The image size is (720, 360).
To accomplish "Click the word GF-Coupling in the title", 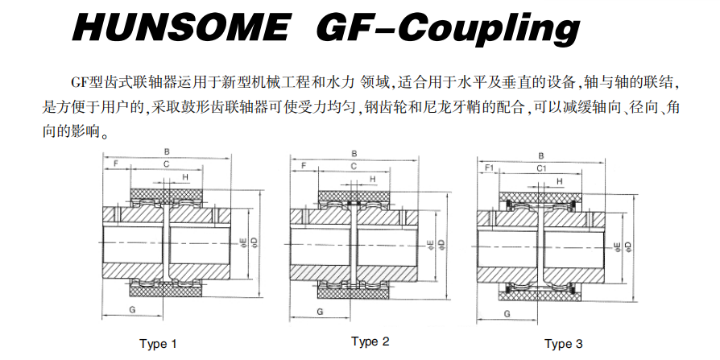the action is tap(448, 28).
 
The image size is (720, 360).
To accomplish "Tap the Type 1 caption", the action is tap(158, 343).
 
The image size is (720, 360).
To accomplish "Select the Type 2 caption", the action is tap(370, 341).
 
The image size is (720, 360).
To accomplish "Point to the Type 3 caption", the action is tap(564, 343).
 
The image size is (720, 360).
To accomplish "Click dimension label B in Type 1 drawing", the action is tap(167, 151).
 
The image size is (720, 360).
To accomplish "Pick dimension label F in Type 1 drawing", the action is tap(116, 163).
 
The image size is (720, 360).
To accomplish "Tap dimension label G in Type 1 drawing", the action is tap(132, 310).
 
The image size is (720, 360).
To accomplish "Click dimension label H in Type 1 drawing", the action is tap(185, 177).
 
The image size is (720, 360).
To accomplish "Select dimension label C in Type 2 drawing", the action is tap(354, 166).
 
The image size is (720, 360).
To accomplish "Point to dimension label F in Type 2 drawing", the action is tap(303, 166).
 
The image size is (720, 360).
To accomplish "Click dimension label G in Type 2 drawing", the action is tap(320, 312).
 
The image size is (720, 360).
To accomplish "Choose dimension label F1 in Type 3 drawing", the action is tap(489, 168).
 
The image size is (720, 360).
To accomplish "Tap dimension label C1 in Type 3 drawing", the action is tap(542, 168).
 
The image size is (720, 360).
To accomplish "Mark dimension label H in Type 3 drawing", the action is tap(559, 182).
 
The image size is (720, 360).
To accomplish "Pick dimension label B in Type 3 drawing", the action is tap(541, 156).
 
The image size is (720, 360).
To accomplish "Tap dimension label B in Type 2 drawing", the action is tap(354, 154).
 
